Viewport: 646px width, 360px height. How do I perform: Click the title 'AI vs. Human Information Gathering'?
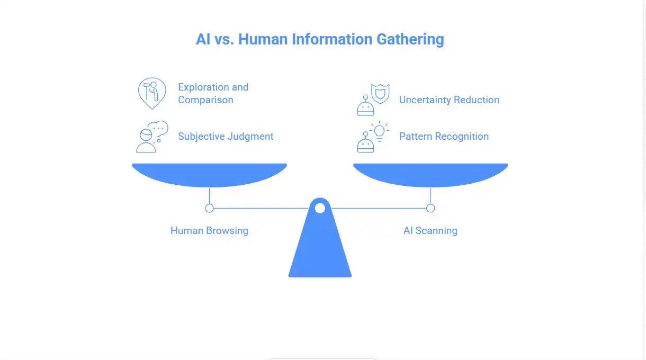pos(320,39)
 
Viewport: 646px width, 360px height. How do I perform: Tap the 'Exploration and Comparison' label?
pos(213,93)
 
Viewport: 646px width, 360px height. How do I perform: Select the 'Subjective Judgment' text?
pos(226,136)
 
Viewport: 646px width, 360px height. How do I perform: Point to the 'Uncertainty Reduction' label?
pos(449,100)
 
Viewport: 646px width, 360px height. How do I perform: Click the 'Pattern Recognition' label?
pos(444,136)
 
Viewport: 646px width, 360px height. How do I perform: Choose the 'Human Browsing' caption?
pos(209,230)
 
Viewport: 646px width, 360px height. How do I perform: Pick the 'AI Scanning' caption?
pos(430,230)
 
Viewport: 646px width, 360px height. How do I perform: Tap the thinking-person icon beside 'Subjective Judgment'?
pos(151,137)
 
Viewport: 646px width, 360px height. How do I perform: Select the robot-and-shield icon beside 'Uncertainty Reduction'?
pos(373,99)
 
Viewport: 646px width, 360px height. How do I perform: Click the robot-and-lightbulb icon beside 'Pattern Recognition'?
pos(373,137)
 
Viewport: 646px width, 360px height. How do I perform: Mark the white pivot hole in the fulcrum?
pos(320,208)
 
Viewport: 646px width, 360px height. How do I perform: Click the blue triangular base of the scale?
pos(320,249)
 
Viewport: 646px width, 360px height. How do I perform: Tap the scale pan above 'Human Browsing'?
pos(209,174)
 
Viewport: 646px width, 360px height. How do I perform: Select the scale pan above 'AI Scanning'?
pos(430,174)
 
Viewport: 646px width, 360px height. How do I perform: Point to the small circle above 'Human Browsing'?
pos(209,208)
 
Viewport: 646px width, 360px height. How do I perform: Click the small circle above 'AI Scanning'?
pos(430,208)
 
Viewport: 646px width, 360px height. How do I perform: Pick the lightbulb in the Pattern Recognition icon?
pos(380,130)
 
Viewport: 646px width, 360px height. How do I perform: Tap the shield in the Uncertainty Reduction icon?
pos(381,93)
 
